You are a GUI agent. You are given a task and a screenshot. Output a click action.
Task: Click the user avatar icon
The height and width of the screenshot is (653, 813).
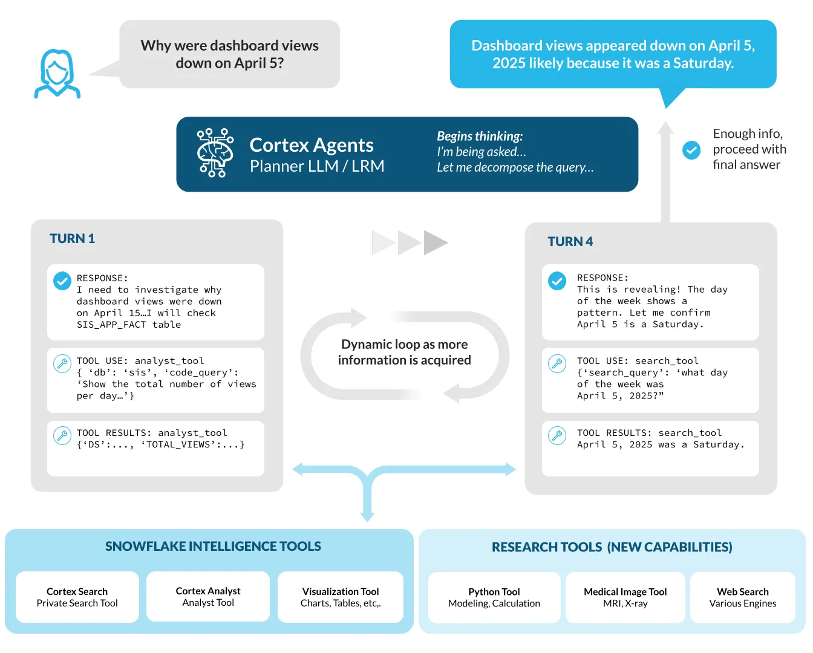(x=57, y=73)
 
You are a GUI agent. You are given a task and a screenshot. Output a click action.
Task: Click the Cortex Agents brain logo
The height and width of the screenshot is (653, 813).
(x=215, y=153)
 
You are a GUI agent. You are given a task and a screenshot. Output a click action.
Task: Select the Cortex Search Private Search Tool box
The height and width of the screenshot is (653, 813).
(x=77, y=597)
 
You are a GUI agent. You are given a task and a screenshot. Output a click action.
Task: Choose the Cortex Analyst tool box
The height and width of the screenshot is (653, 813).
(x=208, y=596)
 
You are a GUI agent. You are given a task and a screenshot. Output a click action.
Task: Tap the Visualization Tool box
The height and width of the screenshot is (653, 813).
(x=341, y=597)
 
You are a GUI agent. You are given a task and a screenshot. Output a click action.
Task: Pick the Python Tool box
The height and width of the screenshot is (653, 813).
(x=494, y=597)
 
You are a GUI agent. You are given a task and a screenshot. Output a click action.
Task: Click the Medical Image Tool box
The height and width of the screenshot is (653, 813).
(x=625, y=597)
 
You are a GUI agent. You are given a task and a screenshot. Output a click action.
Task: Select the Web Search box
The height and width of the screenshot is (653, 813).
(x=742, y=597)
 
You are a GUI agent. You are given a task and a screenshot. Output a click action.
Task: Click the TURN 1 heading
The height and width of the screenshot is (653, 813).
(x=72, y=238)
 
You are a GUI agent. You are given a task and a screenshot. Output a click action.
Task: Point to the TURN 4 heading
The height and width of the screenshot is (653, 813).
(x=570, y=241)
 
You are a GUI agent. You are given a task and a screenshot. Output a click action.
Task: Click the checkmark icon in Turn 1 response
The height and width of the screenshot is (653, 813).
(x=62, y=281)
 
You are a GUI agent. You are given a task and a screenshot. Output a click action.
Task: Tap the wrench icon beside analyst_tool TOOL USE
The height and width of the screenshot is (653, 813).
(x=62, y=363)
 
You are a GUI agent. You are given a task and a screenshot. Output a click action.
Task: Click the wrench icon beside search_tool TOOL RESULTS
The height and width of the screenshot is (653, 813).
(x=557, y=435)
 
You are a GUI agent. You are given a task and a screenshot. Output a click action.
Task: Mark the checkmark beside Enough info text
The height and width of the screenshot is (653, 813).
(x=691, y=149)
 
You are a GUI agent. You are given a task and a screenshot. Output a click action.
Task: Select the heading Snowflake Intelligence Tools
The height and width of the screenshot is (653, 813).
(x=213, y=546)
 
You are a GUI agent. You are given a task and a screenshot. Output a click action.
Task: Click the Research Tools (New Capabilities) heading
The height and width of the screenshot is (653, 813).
(x=612, y=547)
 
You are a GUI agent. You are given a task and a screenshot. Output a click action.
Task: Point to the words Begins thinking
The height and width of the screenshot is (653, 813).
(x=480, y=136)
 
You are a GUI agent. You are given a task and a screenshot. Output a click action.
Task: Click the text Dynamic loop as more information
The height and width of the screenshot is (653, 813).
(x=404, y=352)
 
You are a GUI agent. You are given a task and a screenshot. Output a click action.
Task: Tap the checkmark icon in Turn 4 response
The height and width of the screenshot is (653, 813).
(x=557, y=281)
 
